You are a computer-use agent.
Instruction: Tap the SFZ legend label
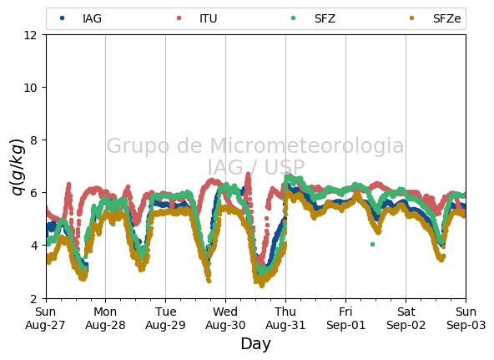point(325,18)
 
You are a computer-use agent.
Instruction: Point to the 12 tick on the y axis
point(30,35)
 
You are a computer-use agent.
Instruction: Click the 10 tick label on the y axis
point(30,88)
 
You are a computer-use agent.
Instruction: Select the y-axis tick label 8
point(33,140)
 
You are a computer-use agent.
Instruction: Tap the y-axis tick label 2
point(33,298)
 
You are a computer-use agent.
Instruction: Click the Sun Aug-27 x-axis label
point(45,318)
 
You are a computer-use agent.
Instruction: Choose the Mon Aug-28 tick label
point(105,318)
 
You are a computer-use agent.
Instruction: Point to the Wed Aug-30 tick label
point(225,318)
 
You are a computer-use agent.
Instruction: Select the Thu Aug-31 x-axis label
point(285,318)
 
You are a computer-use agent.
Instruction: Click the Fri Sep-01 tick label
point(345,318)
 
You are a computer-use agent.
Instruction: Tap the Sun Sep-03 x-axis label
point(466,318)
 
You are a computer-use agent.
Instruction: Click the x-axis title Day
point(256,344)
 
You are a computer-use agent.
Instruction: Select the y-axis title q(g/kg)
point(18,166)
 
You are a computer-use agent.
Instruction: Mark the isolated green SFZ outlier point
point(372,244)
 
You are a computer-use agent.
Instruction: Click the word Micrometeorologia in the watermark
point(306,145)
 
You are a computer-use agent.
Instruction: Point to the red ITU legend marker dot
point(179,18)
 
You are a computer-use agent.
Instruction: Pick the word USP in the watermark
point(285,167)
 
